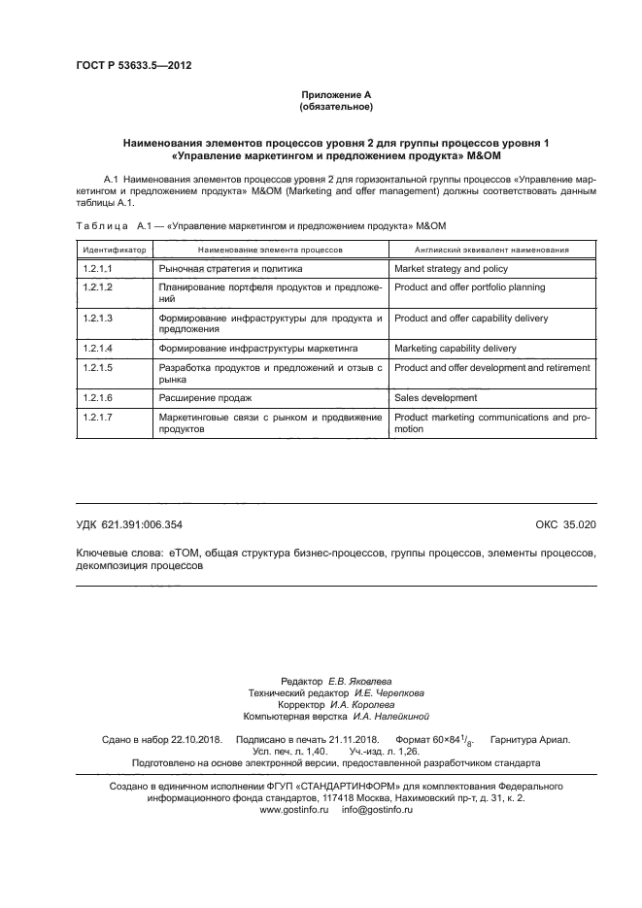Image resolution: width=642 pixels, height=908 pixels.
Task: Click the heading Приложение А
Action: click(336, 94)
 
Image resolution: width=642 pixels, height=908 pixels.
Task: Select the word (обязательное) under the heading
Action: click(336, 106)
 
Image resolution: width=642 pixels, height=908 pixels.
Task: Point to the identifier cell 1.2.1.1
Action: click(99, 268)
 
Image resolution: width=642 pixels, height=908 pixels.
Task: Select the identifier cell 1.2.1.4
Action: click(99, 348)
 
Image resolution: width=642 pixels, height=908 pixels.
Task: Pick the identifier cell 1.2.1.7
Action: click(99, 417)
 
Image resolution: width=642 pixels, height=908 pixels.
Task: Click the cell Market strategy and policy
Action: click(451, 268)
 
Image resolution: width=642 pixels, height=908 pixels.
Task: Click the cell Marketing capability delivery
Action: click(456, 348)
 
